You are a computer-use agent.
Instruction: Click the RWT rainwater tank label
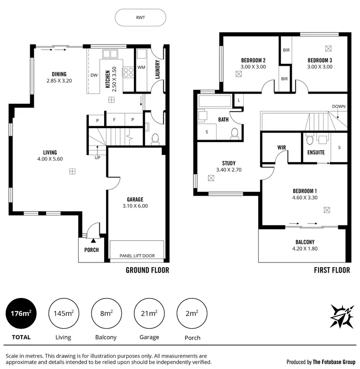point(140,18)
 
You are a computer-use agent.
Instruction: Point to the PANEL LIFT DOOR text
point(137,256)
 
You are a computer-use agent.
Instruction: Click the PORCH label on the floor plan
point(91,250)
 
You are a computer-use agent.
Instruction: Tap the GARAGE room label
point(135,199)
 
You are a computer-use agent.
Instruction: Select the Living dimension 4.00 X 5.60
point(51,159)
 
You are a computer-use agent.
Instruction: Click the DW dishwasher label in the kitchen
point(94,75)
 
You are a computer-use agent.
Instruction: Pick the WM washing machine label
point(141,67)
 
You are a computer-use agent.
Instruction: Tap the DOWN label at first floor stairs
point(338,106)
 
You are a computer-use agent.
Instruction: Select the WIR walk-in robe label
point(282,147)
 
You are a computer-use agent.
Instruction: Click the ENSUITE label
point(316,153)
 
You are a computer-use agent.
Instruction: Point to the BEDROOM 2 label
point(253,60)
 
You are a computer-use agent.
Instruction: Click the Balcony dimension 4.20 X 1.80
point(305,249)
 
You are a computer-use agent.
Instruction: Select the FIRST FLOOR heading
point(332,270)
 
